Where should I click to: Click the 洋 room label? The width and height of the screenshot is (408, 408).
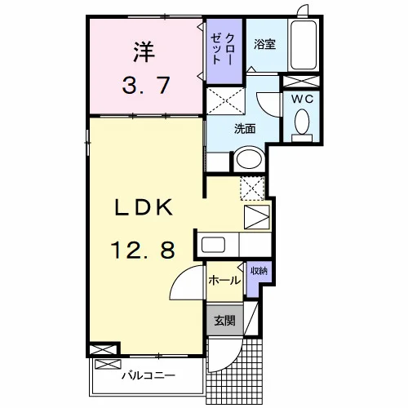pos(144,51)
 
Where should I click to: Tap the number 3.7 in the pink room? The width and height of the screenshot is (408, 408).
pos(146,86)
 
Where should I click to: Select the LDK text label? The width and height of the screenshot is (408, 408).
pos(144,207)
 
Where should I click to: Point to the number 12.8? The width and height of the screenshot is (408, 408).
pos(143,251)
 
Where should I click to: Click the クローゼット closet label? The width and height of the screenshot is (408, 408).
pos(223,49)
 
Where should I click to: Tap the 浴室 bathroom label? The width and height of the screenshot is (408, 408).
pos(264,44)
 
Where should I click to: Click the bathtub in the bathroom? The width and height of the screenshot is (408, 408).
pos(304,45)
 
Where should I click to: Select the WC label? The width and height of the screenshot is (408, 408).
pos(302,100)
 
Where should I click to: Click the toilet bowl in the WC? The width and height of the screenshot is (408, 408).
pos(302,122)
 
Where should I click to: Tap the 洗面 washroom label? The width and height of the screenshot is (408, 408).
pos(245,129)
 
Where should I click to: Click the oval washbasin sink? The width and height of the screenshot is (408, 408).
pos(249,159)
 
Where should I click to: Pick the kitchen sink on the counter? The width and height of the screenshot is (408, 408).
pos(213,245)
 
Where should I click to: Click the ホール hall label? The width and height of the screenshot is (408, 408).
pos(224,280)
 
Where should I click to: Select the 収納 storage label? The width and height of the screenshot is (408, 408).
pos(259,271)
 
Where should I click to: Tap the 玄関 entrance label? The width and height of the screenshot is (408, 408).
pos(224,321)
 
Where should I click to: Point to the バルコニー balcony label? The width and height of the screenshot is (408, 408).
pos(149,376)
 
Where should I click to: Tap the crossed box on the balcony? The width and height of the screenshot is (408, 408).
pos(108,365)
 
